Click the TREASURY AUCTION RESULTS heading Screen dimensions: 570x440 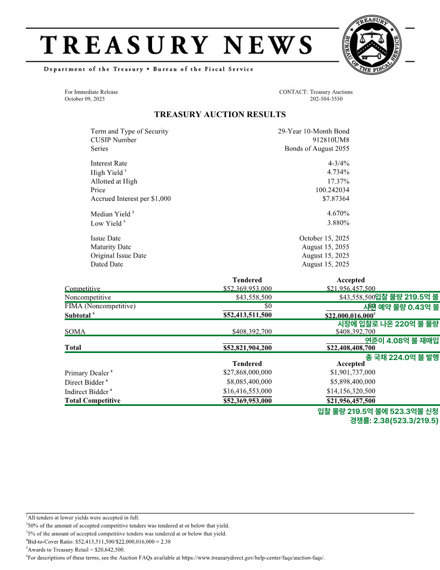[220, 114]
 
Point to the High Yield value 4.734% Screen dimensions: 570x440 [338, 172]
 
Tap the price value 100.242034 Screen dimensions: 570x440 [332, 190]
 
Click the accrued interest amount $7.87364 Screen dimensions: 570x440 [335, 199]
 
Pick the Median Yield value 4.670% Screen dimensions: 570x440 [338, 214]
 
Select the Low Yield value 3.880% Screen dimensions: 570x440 [338, 222]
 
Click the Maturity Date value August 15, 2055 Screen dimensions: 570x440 [325, 247]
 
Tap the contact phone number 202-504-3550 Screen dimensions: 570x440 [326, 99]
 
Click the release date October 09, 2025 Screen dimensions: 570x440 [85, 99]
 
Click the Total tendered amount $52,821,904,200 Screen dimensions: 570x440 [247, 348]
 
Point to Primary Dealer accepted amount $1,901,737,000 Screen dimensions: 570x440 [353, 372]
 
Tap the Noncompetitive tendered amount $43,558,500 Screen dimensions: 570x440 [253, 297]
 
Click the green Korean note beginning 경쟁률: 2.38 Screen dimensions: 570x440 [394, 420]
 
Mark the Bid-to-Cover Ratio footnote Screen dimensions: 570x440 [99, 541]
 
